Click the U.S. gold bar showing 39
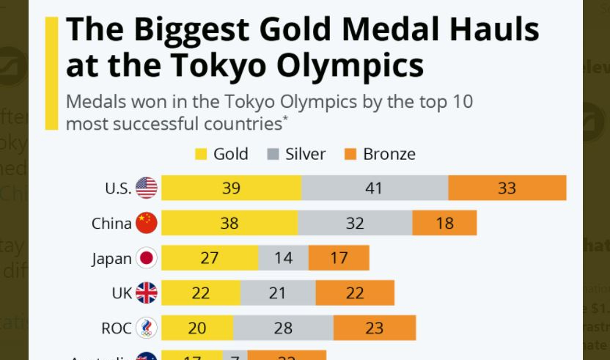pyautogui.click(x=231, y=188)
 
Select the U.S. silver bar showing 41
pyautogui.click(x=374, y=188)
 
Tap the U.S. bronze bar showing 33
pyautogui.click(x=507, y=188)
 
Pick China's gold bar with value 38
pyautogui.click(x=229, y=223)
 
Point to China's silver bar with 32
pyautogui.click(x=355, y=223)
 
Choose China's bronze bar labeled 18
pyautogui.click(x=444, y=223)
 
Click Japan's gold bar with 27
pyautogui.click(x=210, y=258)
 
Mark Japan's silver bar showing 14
pyautogui.click(x=283, y=258)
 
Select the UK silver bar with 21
pyautogui.click(x=277, y=293)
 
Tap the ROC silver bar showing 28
pyautogui.click(x=283, y=328)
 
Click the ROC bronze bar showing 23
pyautogui.click(x=374, y=328)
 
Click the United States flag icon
pyautogui.click(x=147, y=188)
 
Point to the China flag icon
pyautogui.click(x=147, y=223)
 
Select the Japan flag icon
pyautogui.click(x=147, y=258)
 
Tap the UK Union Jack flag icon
pyautogui.click(x=147, y=293)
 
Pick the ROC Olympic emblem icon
pyautogui.click(x=147, y=328)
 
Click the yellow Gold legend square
pyautogui.click(x=201, y=155)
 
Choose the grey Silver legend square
pyautogui.click(x=273, y=155)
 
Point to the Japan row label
pyautogui.click(x=111, y=258)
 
